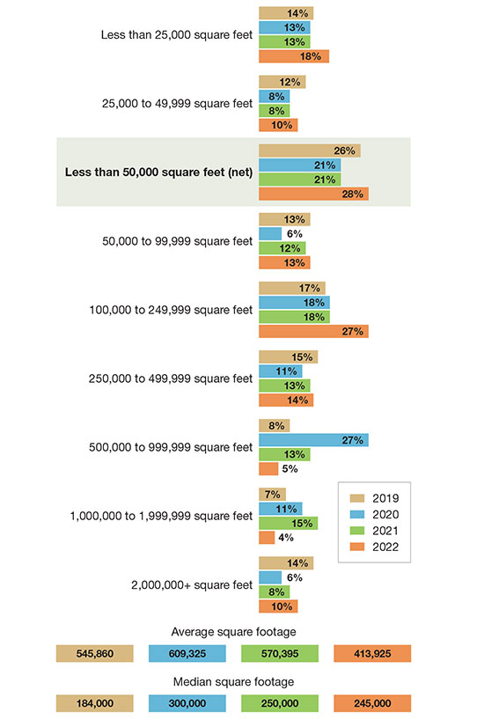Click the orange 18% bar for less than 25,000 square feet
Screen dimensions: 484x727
click(x=294, y=56)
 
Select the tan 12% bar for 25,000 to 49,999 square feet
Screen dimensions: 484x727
click(x=282, y=82)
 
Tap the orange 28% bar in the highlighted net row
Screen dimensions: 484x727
click(x=313, y=194)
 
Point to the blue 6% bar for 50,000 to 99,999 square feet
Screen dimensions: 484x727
click(x=270, y=234)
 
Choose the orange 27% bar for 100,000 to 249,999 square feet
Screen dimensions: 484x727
click(x=313, y=331)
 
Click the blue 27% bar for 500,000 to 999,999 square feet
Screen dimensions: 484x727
click(x=313, y=440)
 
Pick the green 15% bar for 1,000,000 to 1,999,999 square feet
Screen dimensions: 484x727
click(x=288, y=523)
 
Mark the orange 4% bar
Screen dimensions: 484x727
click(x=267, y=538)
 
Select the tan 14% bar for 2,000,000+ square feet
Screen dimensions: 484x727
click(x=286, y=563)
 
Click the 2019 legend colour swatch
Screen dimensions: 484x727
click(x=357, y=498)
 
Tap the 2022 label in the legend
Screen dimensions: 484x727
click(x=385, y=547)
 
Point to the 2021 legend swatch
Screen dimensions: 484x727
click(x=357, y=531)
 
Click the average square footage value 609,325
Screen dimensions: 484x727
click(x=187, y=653)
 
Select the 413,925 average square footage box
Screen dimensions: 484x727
click(x=372, y=653)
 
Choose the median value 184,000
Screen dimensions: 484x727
click(x=94, y=703)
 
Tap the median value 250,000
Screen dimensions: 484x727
click(x=280, y=703)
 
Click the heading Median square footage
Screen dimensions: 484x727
click(x=234, y=681)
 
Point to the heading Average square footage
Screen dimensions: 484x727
click(x=234, y=631)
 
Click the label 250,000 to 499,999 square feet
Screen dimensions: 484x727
click(x=171, y=378)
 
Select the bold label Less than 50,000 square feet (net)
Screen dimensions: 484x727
click(x=158, y=172)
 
